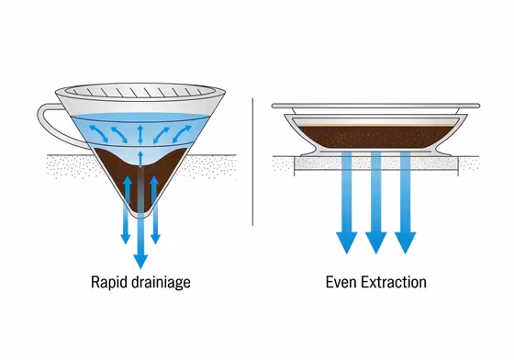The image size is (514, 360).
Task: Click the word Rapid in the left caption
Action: [x=108, y=282]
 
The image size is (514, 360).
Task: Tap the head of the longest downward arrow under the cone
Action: [x=140, y=260]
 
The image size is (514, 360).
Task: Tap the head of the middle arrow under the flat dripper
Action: [x=375, y=242]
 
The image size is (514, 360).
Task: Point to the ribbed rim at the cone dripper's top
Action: [x=138, y=91]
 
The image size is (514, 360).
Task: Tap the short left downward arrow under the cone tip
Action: [x=126, y=238]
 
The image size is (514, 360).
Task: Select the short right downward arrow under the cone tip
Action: [x=155, y=238]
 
